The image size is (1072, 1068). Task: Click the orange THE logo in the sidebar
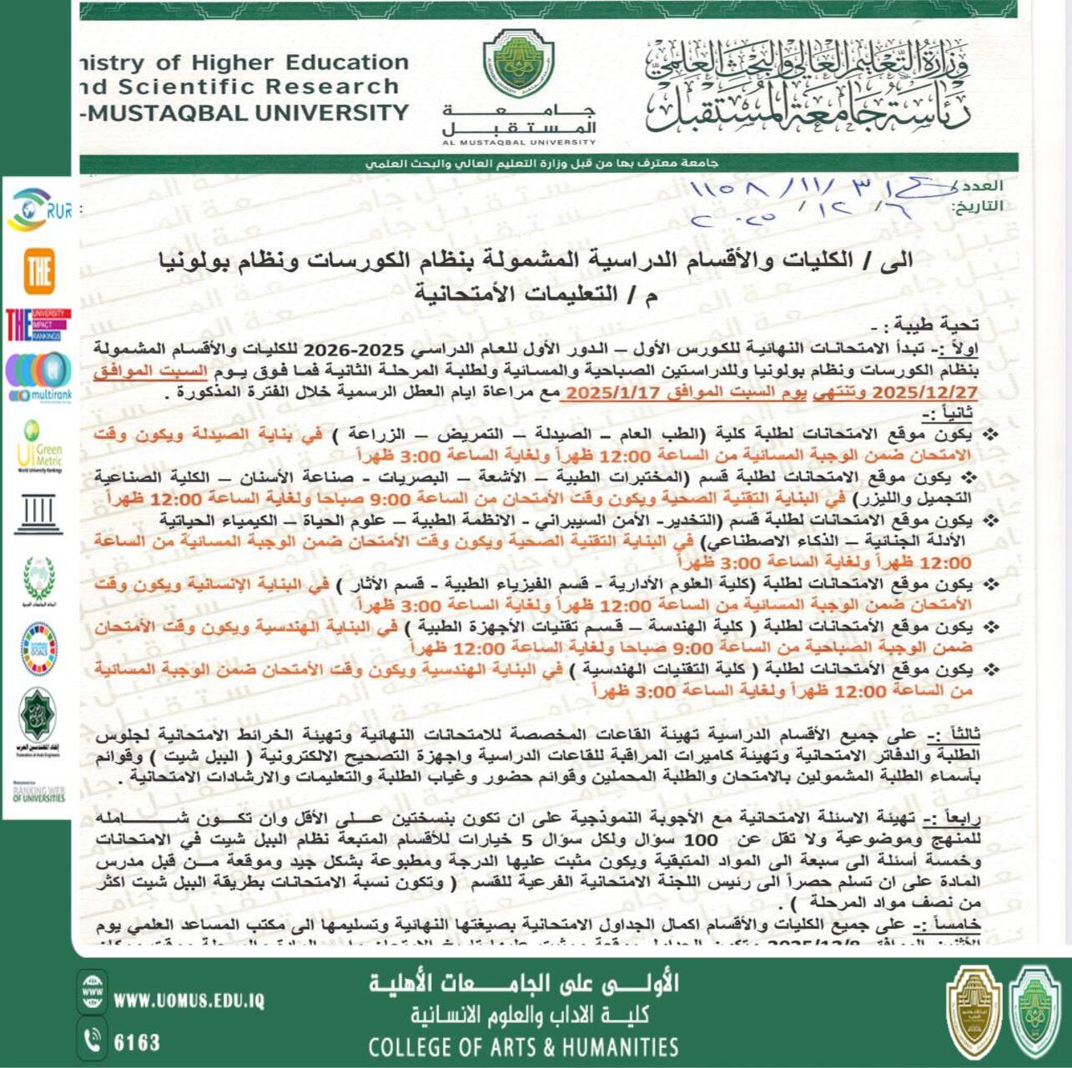pyautogui.click(x=38, y=271)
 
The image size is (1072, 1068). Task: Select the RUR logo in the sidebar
pyautogui.click(x=38, y=209)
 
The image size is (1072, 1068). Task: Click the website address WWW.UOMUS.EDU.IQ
pyautogui.click(x=189, y=1000)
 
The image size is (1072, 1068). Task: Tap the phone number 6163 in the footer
pyautogui.click(x=137, y=1042)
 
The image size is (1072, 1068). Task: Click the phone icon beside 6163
pyautogui.click(x=93, y=1040)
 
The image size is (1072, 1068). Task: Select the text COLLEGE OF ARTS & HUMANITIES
pyautogui.click(x=523, y=1047)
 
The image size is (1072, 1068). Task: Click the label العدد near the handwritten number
pyautogui.click(x=981, y=186)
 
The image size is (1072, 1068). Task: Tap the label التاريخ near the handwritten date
pyautogui.click(x=977, y=206)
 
